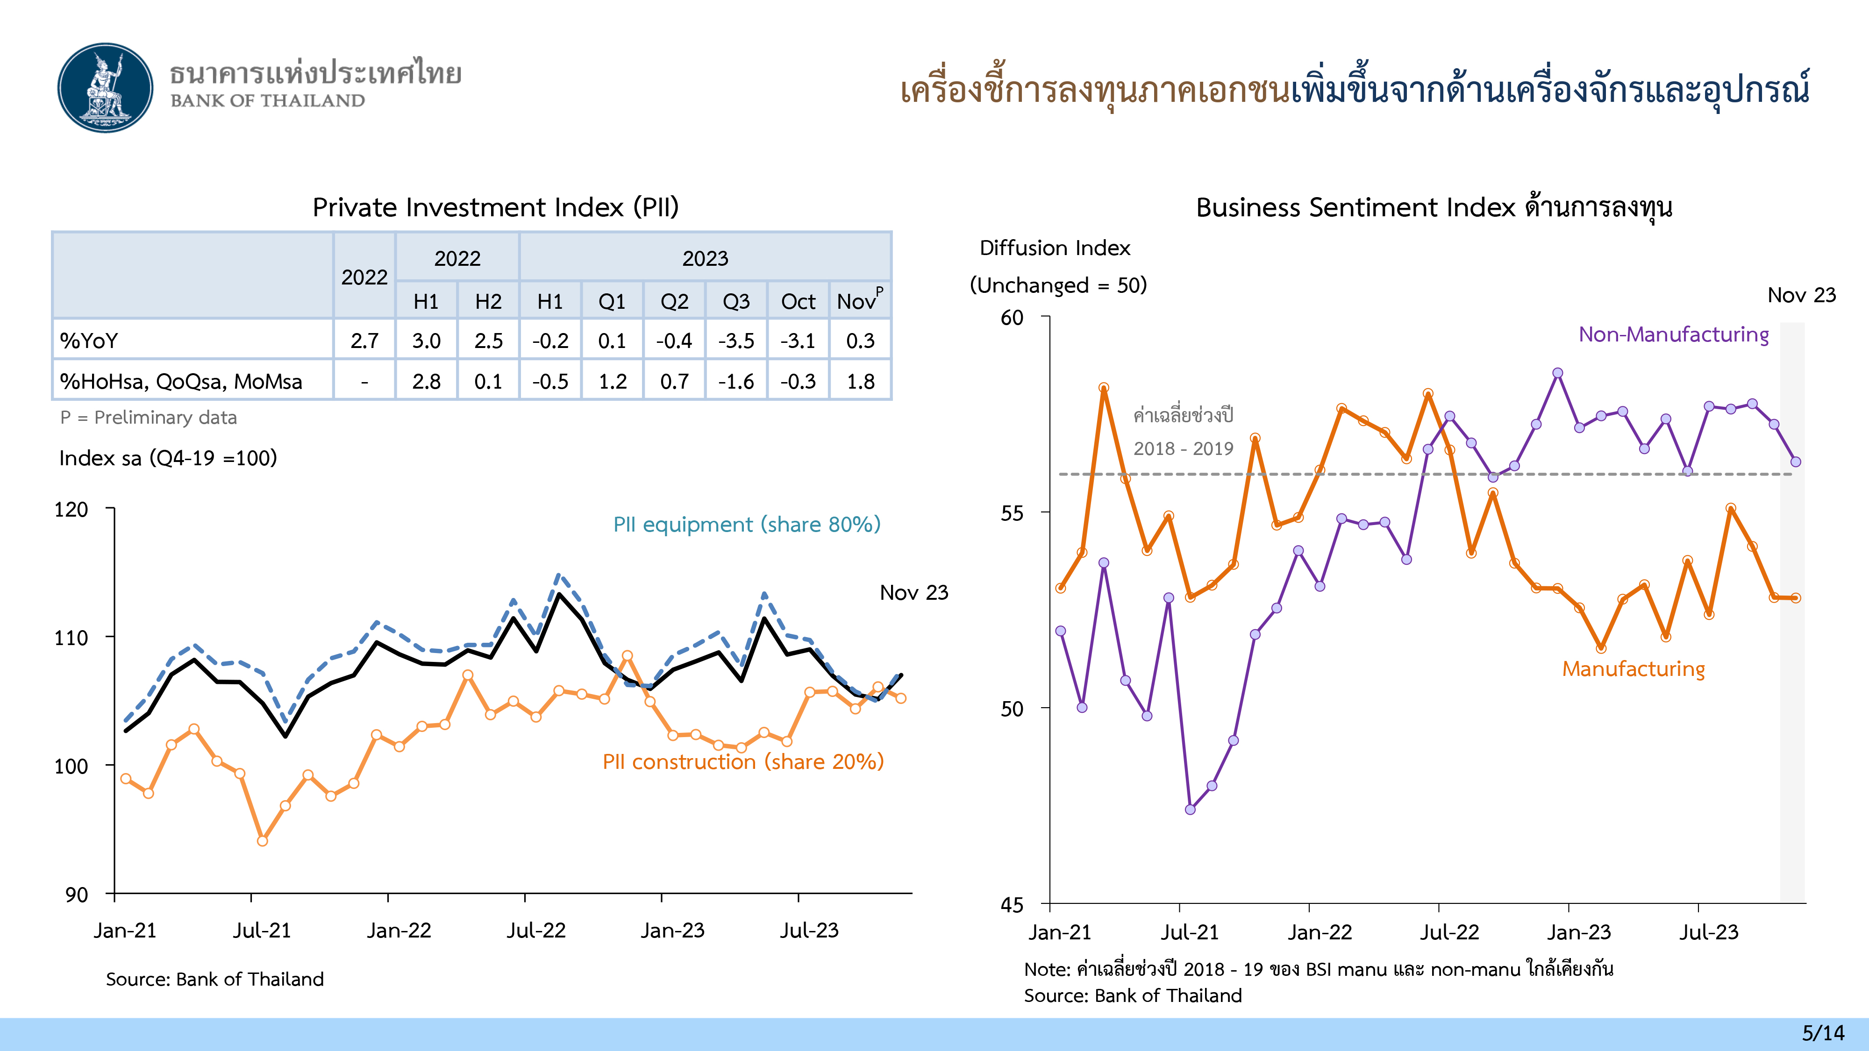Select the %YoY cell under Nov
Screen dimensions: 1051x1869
click(x=861, y=340)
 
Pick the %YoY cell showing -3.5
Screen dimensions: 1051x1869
click(x=736, y=340)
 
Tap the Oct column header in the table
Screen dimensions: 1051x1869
click(x=798, y=301)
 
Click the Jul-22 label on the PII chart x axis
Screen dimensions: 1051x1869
click(x=535, y=930)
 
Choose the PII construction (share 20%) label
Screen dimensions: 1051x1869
click(x=743, y=761)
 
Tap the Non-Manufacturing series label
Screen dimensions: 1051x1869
click(x=1673, y=334)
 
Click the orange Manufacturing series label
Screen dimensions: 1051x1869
click(x=1633, y=669)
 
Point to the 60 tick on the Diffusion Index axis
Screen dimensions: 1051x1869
click(x=1012, y=318)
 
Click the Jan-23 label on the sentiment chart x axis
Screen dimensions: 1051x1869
click(x=1579, y=932)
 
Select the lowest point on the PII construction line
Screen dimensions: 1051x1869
click(x=263, y=841)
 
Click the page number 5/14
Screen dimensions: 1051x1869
click(x=1823, y=1033)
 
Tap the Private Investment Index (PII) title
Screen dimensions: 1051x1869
click(x=496, y=207)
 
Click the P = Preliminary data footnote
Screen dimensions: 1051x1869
click(x=149, y=417)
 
